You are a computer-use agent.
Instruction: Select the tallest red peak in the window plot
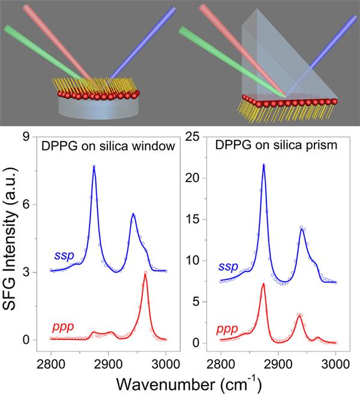tap(145, 272)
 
